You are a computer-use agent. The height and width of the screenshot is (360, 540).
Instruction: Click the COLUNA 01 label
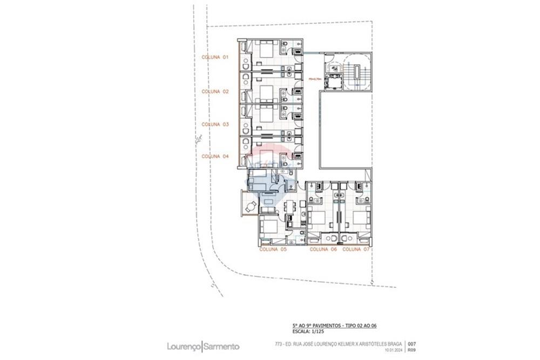coord(215,57)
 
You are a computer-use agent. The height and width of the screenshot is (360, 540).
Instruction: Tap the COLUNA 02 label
coord(215,91)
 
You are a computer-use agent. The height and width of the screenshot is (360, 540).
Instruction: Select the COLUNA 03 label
coord(215,124)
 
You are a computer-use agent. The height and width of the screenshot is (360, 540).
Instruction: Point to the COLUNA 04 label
coord(215,156)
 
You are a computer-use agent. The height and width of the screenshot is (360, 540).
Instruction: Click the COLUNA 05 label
coord(273,249)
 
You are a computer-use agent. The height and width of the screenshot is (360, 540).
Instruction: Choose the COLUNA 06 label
coord(323,249)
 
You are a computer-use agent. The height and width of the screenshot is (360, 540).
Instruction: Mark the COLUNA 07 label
coord(356,249)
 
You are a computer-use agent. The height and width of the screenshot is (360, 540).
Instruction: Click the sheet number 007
coord(411,344)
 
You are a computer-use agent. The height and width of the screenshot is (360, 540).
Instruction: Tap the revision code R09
coord(411,350)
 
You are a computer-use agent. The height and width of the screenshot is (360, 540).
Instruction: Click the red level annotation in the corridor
coord(315,78)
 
